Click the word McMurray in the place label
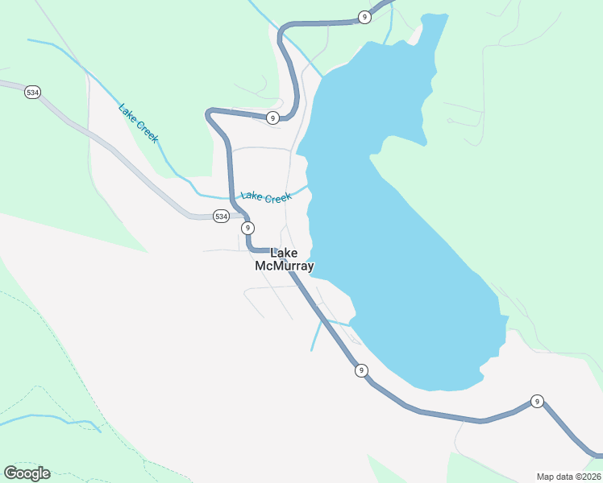pos(284,266)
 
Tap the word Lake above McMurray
pos(284,253)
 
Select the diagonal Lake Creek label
pos(138,123)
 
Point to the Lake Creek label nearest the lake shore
pos(266,196)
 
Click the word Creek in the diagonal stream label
pos(146,131)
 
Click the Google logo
pos(27,473)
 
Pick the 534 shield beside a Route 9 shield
pos(221,216)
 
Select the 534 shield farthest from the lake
pos(32,92)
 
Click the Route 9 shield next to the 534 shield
pos(247,228)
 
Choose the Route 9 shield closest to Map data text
pos(537,401)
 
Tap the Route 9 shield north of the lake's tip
pos(364,17)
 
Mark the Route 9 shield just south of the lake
pos(361,370)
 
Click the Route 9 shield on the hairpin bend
pos(272,118)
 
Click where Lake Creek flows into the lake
pos(307,188)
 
